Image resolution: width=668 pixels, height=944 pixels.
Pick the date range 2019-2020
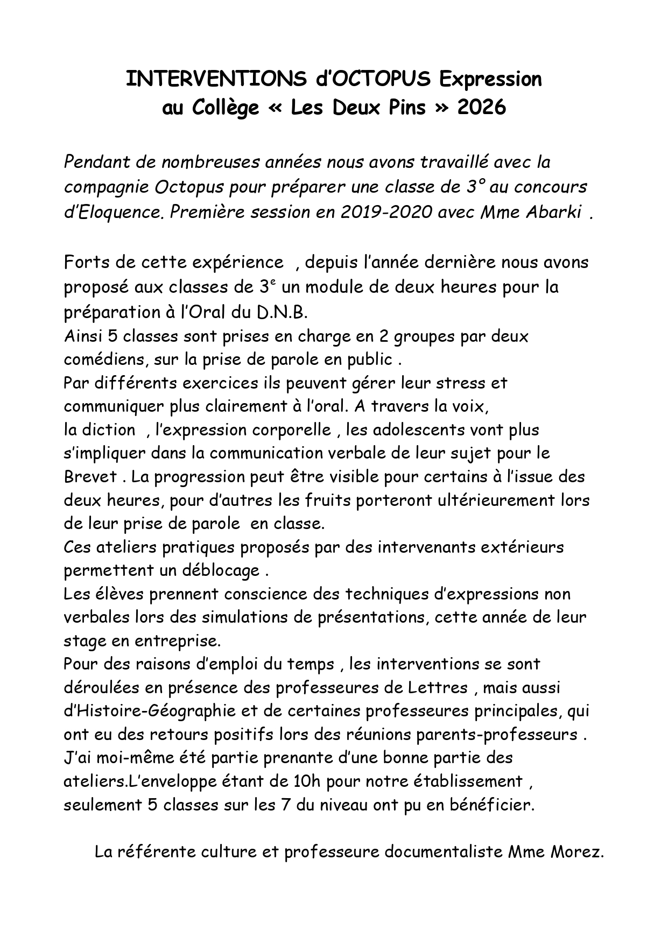point(386,213)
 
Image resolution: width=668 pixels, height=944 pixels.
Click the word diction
point(109,430)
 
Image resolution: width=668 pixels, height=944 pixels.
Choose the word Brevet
point(89,477)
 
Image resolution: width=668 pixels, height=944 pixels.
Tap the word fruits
point(328,501)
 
